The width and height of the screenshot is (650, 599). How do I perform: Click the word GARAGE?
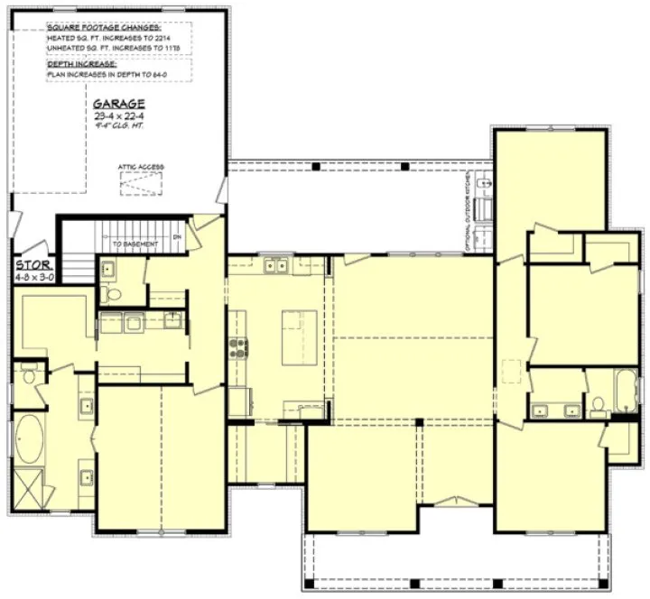119,103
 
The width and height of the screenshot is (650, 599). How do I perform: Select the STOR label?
30,266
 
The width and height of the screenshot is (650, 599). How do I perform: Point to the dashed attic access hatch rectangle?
139,183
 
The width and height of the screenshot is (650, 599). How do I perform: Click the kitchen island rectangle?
299,336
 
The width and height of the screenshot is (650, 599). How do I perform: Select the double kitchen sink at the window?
275,266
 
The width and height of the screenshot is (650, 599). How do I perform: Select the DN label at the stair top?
177,236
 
